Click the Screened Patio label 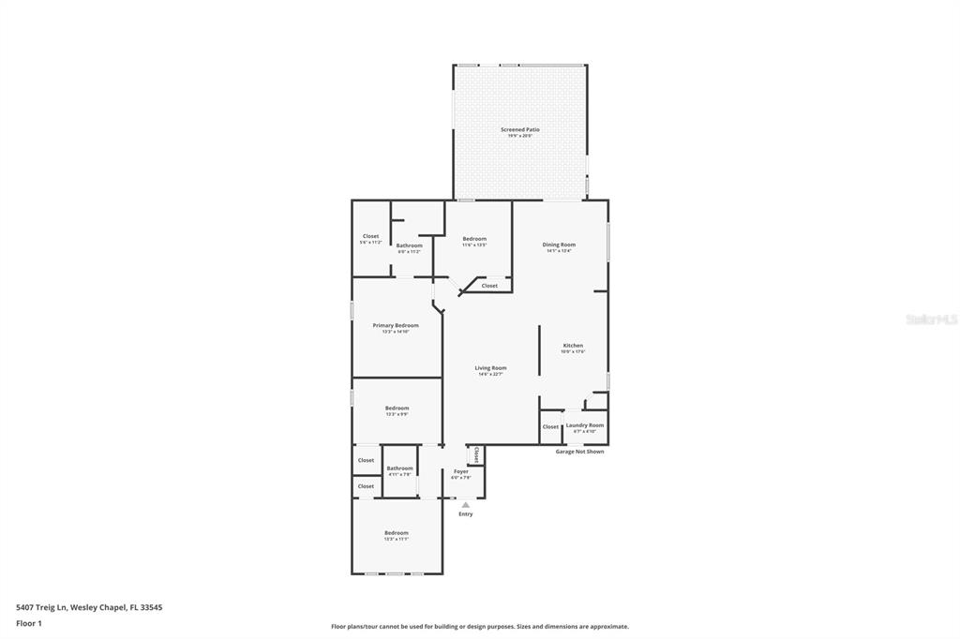coord(519,130)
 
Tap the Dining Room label coord(559,245)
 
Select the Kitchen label coord(573,346)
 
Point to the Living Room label coord(490,368)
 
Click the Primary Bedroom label coord(396,326)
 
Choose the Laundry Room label coord(585,425)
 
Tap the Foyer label coord(460,472)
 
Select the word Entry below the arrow coord(466,514)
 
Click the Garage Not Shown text coord(579,452)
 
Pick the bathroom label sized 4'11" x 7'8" coord(399,468)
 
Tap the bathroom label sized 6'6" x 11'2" coord(409,245)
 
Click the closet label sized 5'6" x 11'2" coord(370,237)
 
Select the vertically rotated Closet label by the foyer coord(476,455)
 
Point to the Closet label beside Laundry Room coord(550,427)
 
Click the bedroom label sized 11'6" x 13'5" coord(474,240)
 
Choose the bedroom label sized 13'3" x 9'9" coord(397,409)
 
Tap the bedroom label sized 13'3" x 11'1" coord(396,533)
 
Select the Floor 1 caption coord(29,623)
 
